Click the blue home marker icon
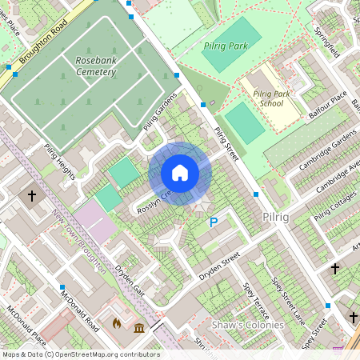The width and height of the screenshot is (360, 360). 180,173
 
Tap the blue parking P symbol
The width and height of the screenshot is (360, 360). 213,222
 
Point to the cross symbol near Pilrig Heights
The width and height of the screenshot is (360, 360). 32,195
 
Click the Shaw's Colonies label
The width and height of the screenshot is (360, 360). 247,326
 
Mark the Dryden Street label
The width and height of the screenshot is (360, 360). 219,266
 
